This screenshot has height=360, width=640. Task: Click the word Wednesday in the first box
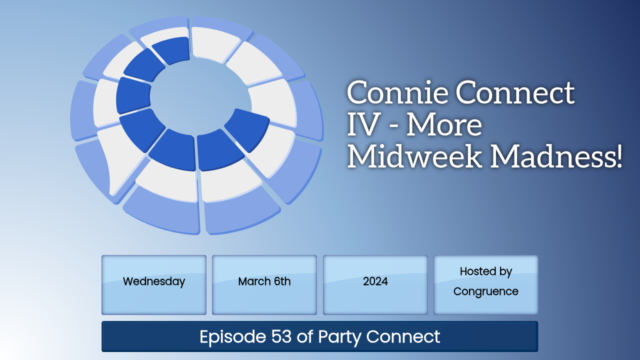coord(154,281)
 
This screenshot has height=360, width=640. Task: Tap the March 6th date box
coord(264,285)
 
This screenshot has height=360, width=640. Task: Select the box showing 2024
coord(375,285)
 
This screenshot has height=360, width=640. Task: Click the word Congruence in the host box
coord(485,291)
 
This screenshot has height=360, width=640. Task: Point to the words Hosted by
coord(485,271)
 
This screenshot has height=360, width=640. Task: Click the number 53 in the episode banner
coord(281,336)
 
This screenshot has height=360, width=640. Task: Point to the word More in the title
coord(444,125)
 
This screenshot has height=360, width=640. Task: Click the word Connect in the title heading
coord(515,92)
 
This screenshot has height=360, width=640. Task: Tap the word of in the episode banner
coord(305,336)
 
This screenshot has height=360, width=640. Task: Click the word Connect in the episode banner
coord(403,336)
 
